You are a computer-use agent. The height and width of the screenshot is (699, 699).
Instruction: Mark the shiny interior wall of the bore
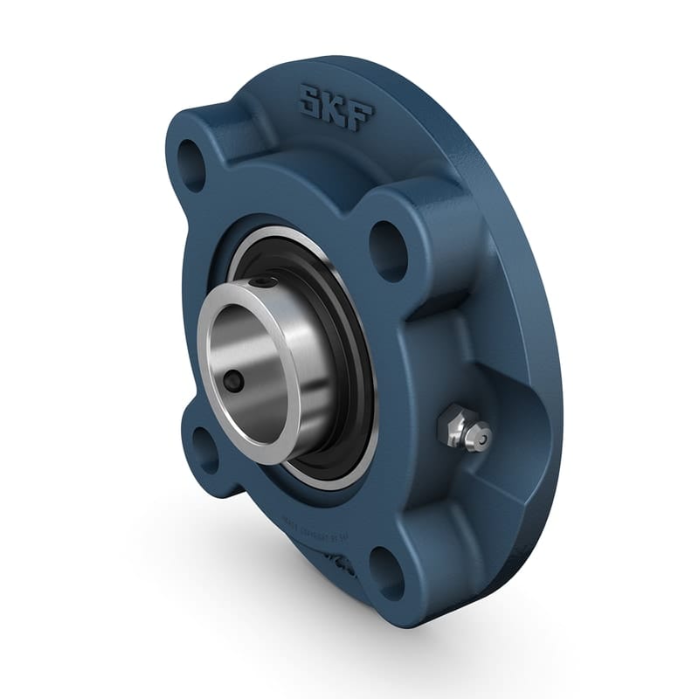(262, 349)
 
